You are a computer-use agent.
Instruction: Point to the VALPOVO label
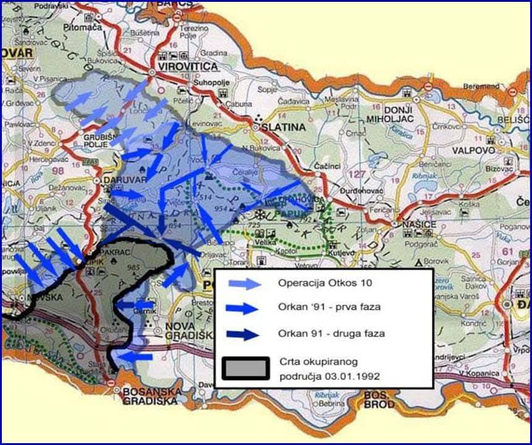pyautogui.click(x=470, y=150)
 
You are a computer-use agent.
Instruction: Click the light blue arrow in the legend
pyautogui.click(x=243, y=284)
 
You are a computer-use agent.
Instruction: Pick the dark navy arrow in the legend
pyautogui.click(x=243, y=334)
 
